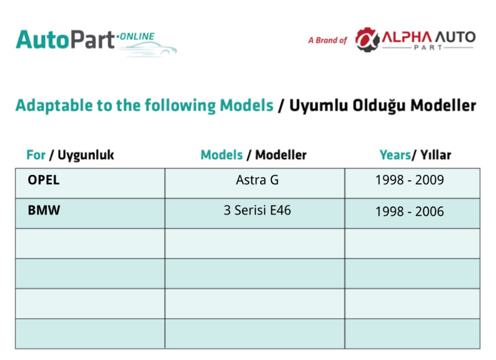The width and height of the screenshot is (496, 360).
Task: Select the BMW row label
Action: pos(44,210)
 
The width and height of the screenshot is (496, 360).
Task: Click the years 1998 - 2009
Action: pos(409,180)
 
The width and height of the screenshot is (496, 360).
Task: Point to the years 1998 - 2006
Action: pos(409,212)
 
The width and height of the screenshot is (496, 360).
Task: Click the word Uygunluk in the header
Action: pos(86,155)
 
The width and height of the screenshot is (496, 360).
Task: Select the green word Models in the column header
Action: pos(222,155)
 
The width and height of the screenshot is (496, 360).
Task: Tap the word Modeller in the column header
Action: pos(281,155)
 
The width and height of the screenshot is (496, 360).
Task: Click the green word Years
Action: pos(395,155)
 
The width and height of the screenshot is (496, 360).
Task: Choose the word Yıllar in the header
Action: pos(436,155)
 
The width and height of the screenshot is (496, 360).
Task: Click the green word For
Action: pos(36,155)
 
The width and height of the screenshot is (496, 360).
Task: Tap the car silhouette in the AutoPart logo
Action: pos(149,50)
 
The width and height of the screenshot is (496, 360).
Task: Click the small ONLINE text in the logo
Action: pos(137,37)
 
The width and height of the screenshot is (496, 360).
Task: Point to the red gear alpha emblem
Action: pos(367,40)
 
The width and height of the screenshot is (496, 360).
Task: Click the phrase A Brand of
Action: pos(328,40)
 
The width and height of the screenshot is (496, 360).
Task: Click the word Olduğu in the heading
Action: pos(379,106)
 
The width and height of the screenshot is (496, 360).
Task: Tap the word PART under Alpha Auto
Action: pos(428,47)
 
